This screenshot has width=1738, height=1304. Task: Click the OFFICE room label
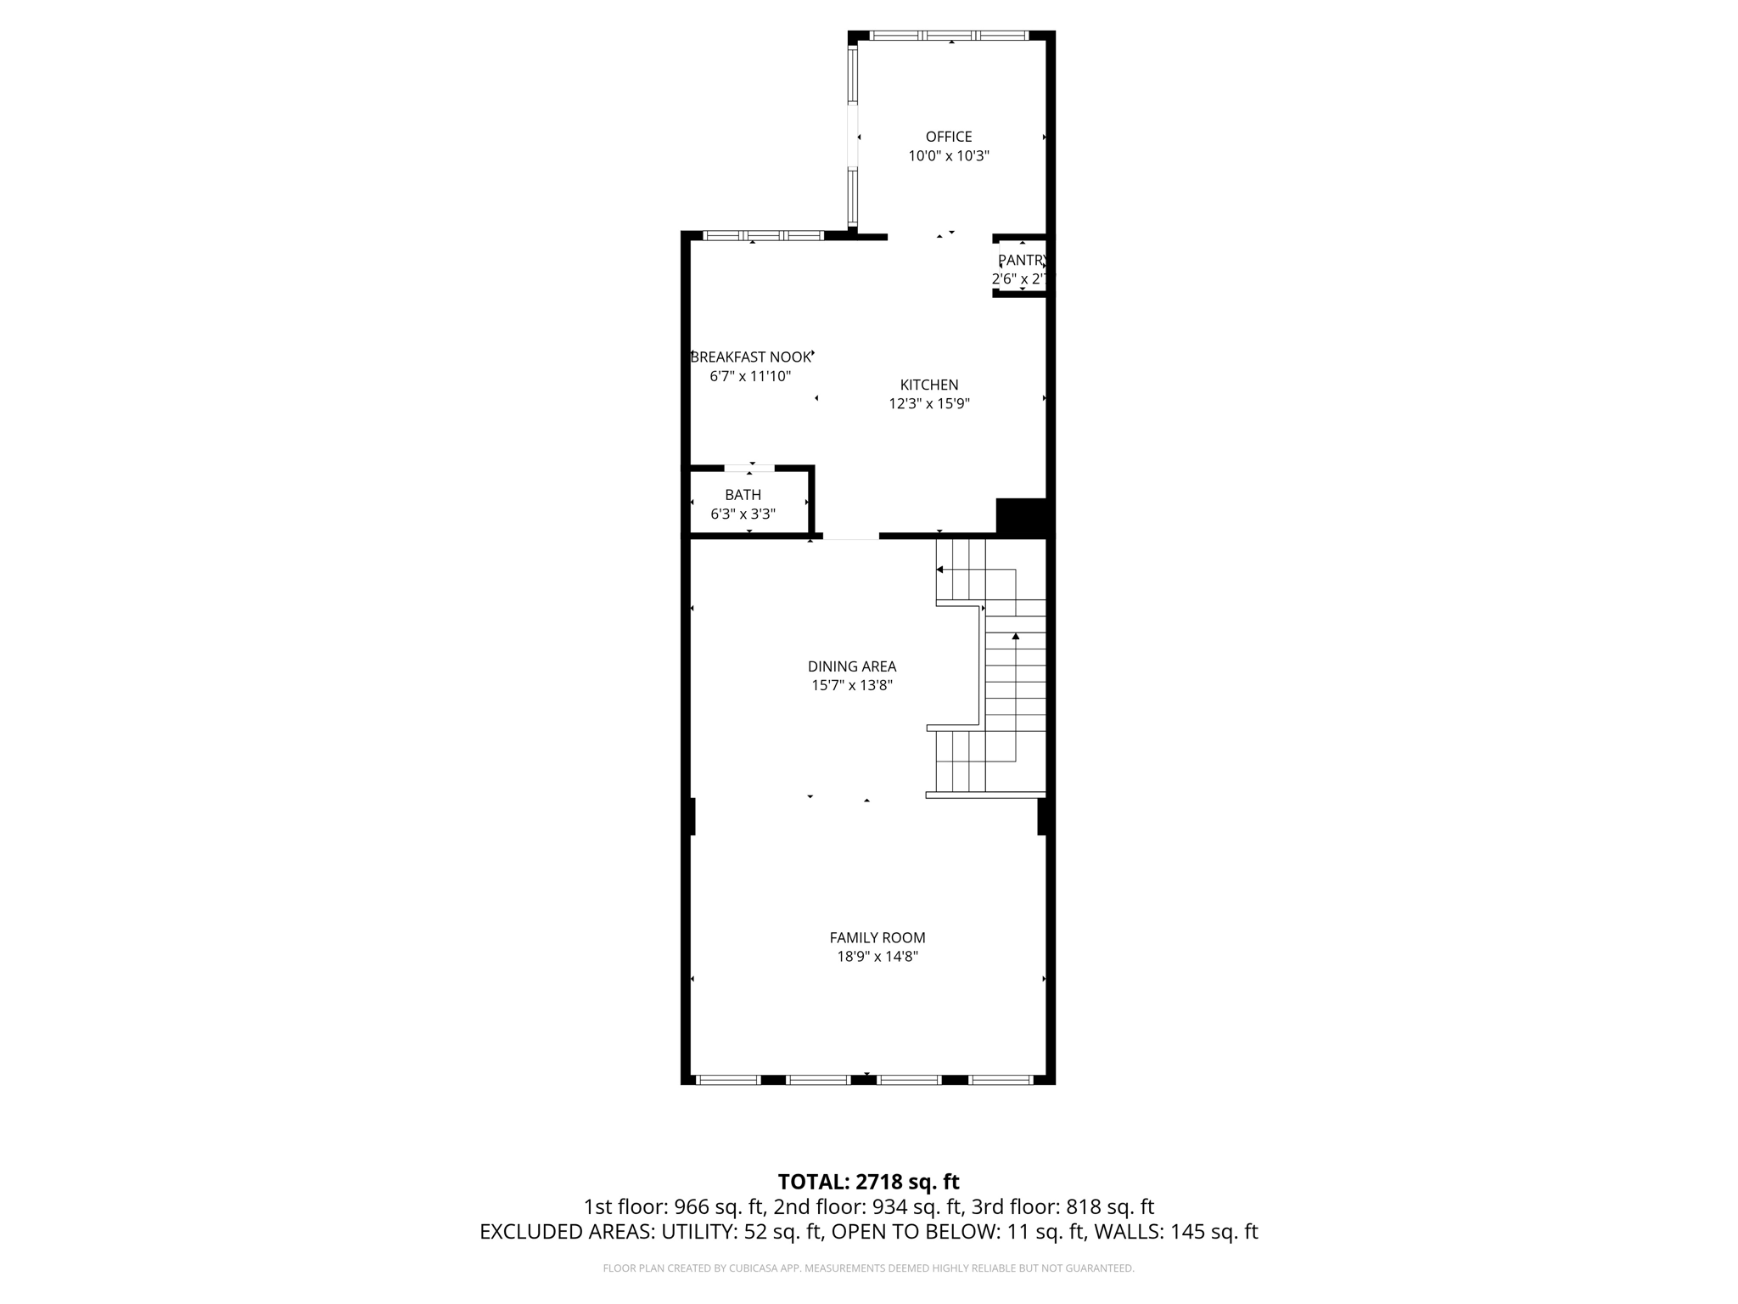[948, 137]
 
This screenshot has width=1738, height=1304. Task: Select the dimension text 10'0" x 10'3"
[948, 156]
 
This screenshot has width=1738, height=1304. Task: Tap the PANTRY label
[1021, 260]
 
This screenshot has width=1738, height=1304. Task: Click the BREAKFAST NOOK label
[750, 357]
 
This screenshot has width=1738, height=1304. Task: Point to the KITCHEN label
[929, 385]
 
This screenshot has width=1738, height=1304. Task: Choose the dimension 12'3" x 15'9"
[929, 404]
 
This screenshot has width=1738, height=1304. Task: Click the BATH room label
[743, 495]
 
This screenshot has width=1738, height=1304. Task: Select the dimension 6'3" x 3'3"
[743, 514]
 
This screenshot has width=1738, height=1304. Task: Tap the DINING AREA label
[851, 666]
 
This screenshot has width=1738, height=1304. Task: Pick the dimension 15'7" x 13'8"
[851, 686]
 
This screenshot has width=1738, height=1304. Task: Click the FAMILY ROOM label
[877, 937]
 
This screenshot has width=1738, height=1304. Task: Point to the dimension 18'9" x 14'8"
[877, 957]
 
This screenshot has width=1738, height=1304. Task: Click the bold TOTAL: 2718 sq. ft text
[868, 1182]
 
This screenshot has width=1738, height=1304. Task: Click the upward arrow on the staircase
[1015, 636]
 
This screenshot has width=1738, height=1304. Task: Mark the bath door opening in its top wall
[749, 468]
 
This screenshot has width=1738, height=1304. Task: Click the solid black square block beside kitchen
[1021, 516]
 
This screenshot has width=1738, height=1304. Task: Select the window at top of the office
[950, 36]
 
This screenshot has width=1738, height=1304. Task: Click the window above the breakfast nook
[763, 235]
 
